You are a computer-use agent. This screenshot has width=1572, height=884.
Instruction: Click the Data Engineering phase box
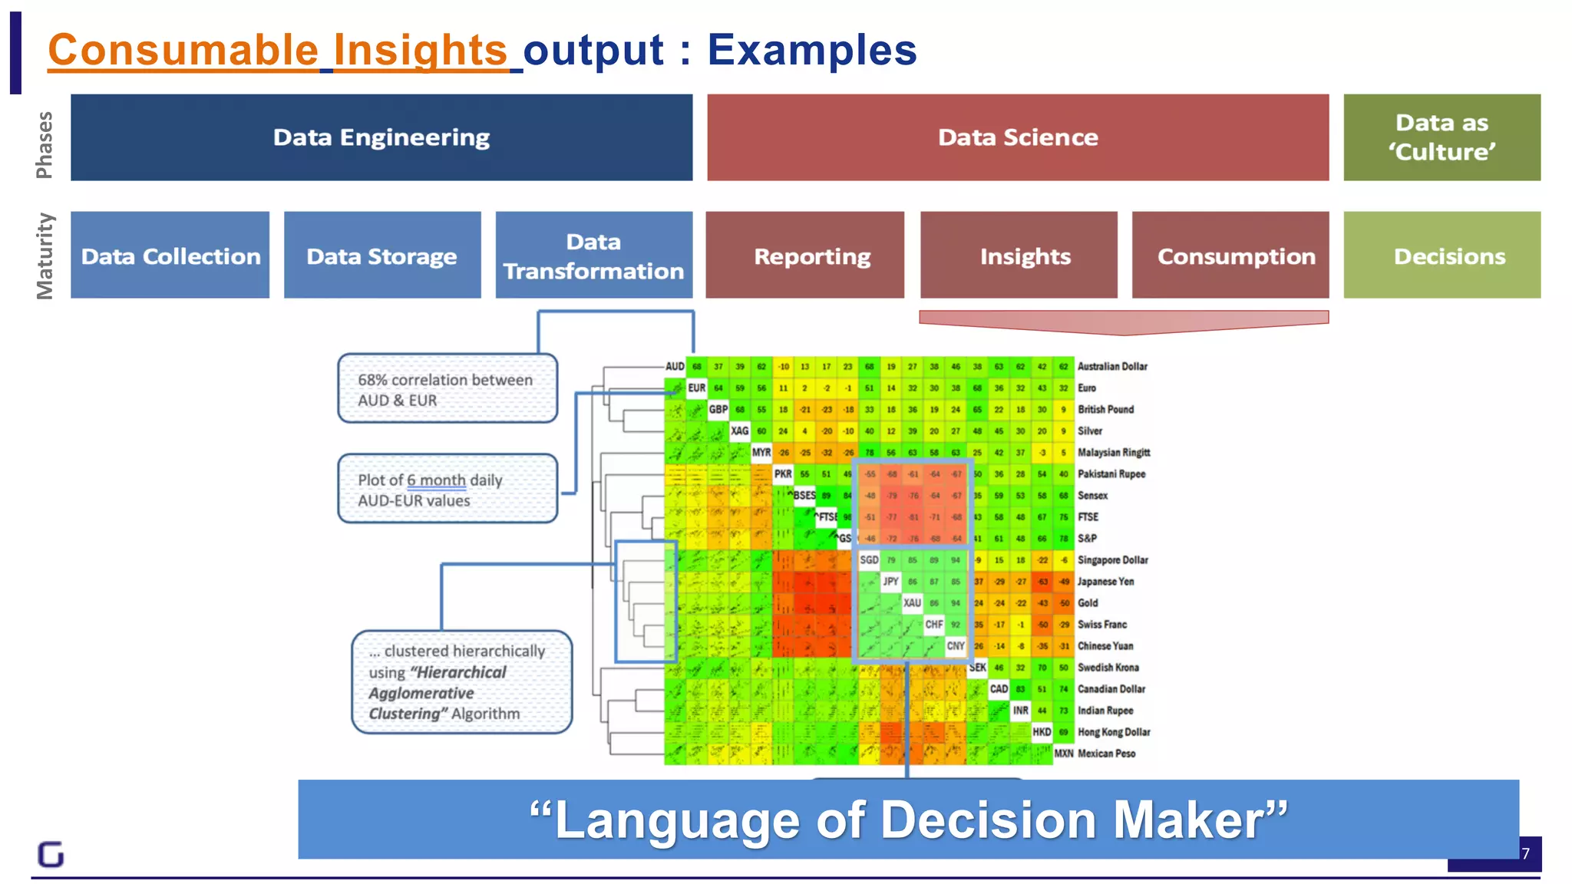click(x=381, y=137)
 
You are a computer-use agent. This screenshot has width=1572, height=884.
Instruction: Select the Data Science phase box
click(x=1018, y=137)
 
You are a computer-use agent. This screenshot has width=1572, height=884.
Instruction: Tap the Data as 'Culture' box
click(x=1442, y=137)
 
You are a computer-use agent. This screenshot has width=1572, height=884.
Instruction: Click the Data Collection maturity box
click(x=170, y=256)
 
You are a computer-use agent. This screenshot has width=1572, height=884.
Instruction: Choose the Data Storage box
click(x=382, y=256)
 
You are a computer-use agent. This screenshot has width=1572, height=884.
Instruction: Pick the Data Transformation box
click(x=593, y=256)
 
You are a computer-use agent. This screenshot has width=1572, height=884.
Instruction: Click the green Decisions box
click(x=1442, y=256)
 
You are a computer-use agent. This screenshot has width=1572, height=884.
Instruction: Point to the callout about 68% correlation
click(x=447, y=389)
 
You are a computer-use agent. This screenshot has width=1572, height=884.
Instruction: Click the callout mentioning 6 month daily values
click(x=447, y=490)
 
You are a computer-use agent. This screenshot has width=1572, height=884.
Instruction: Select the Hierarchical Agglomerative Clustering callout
click(x=461, y=682)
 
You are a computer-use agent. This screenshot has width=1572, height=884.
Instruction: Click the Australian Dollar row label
click(x=1112, y=367)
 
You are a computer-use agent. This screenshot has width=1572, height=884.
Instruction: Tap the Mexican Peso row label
click(x=1106, y=754)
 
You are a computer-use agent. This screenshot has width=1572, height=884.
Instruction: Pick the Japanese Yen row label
click(x=1105, y=582)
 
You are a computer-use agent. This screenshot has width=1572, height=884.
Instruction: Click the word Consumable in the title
click(x=183, y=51)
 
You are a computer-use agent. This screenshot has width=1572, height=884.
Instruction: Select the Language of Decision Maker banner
click(x=908, y=820)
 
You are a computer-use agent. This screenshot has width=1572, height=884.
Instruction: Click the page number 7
click(x=1526, y=853)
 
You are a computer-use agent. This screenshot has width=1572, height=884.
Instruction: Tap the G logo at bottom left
click(x=51, y=854)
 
